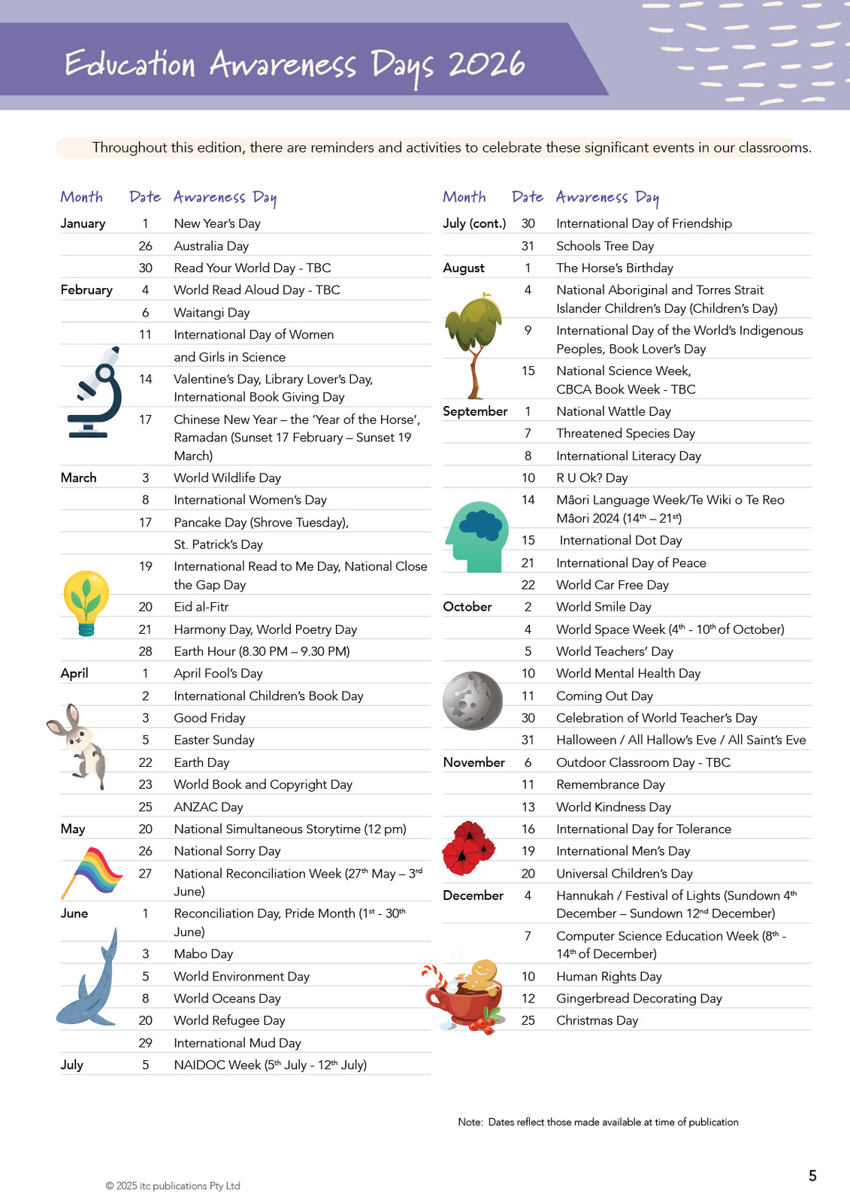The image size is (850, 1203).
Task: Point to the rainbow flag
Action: point(93,871)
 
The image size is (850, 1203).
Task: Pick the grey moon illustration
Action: point(472,701)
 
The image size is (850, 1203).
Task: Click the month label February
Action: point(86,290)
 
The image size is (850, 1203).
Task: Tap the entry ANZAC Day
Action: point(208,807)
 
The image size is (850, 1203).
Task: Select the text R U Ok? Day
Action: point(591,478)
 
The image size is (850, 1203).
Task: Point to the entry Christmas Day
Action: point(597,1020)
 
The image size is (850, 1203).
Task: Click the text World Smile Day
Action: point(603,607)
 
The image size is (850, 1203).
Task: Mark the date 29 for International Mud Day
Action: point(146,1043)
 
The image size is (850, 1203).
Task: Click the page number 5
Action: point(812,1176)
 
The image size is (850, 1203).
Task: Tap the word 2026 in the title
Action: point(486,65)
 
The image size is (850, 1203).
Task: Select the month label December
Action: point(473,895)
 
